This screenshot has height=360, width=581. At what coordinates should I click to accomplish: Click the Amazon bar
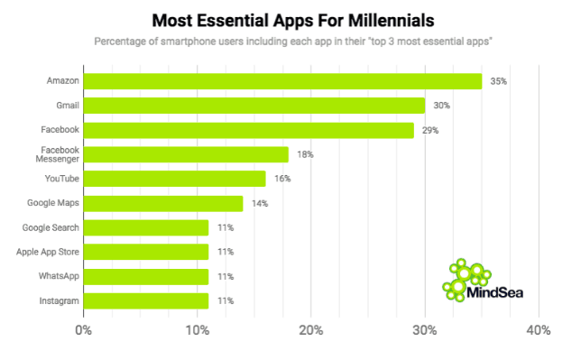[x=282, y=81]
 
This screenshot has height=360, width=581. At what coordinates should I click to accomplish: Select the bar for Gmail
[x=254, y=106]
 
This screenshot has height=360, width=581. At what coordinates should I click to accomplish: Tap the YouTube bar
[x=174, y=179]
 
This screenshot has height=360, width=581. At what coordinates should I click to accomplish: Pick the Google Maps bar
[x=163, y=203]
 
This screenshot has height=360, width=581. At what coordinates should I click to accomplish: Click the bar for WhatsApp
[x=146, y=276]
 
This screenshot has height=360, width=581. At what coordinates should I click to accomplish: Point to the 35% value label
[x=498, y=81]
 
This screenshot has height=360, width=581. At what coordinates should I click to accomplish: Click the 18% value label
[x=305, y=154]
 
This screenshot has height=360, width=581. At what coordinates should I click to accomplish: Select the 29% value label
[x=429, y=130]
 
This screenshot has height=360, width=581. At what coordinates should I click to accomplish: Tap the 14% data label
[x=260, y=203]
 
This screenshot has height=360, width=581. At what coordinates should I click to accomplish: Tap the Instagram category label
[x=59, y=300]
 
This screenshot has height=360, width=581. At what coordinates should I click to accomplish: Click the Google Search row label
[x=52, y=227]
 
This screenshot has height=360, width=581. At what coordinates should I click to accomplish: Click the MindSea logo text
[x=496, y=291]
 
